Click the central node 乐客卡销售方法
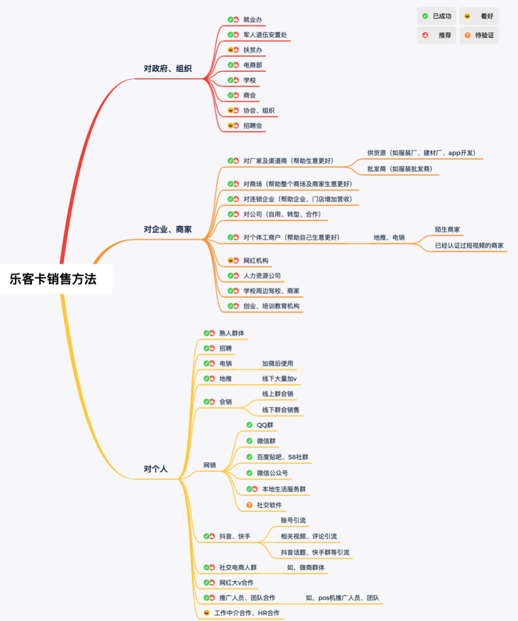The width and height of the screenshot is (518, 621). (x=53, y=279)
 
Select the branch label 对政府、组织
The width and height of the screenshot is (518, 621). (x=167, y=69)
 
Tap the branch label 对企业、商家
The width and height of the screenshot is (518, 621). (x=167, y=229)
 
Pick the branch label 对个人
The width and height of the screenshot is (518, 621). (x=155, y=469)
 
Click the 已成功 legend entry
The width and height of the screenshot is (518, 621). (x=436, y=16)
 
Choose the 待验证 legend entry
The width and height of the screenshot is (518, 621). (x=479, y=35)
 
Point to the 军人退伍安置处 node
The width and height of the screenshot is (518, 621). (x=265, y=35)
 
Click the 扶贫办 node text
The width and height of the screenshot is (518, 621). (x=253, y=50)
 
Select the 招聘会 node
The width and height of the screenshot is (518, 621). (x=253, y=126)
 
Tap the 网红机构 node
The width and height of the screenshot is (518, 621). (x=256, y=261)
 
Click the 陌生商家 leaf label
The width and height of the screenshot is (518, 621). (x=448, y=229)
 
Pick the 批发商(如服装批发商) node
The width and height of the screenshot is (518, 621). (x=400, y=169)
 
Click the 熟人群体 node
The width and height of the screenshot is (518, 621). (x=232, y=333)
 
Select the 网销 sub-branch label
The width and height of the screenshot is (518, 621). (x=210, y=465)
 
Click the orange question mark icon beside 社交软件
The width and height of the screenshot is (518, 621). (x=250, y=505)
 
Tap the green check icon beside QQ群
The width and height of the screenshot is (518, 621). (x=250, y=425)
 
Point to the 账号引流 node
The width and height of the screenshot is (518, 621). (x=293, y=520)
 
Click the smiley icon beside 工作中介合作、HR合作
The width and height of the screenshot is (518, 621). (x=206, y=613)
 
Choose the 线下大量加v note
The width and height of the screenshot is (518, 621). (x=279, y=378)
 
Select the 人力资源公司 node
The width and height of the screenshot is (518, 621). (x=262, y=276)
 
